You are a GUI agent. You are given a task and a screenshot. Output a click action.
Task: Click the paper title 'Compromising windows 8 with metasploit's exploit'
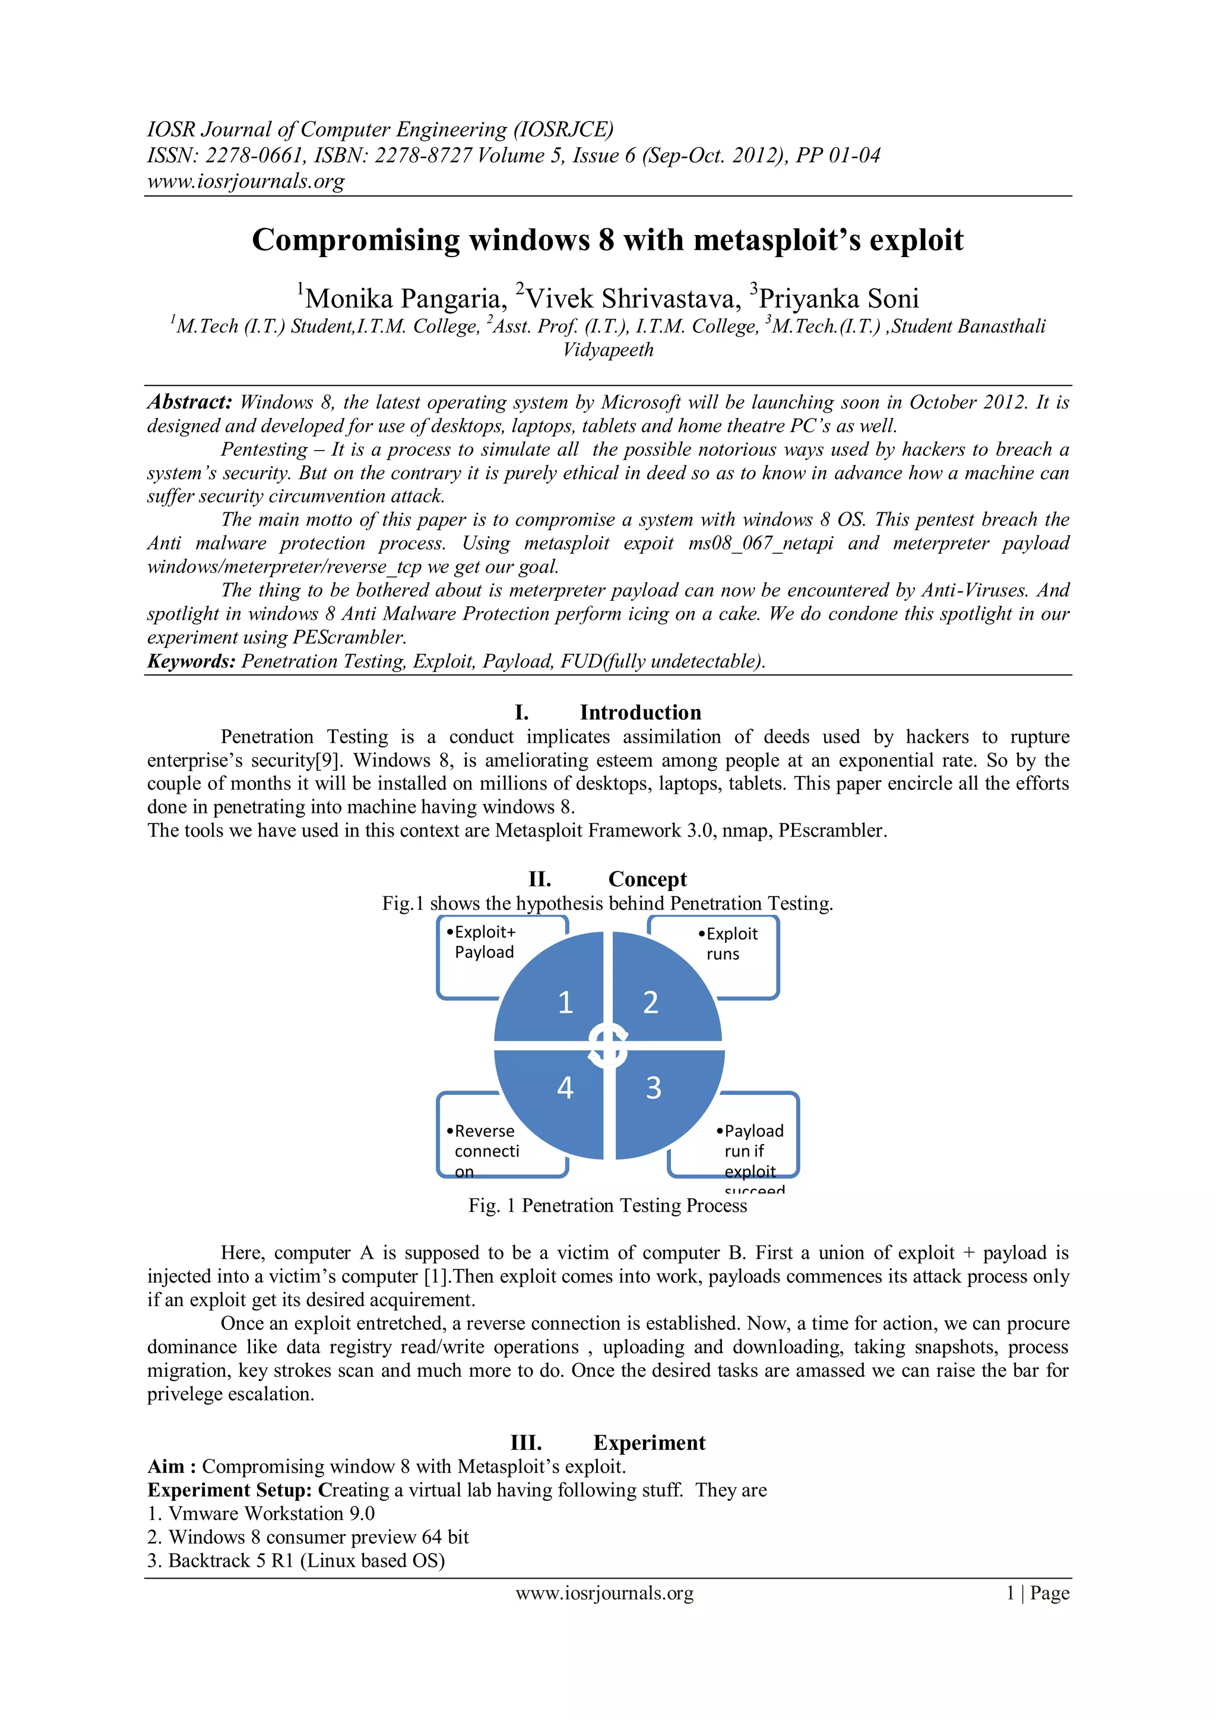click(607, 240)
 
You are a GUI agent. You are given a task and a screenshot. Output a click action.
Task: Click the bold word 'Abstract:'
click(189, 403)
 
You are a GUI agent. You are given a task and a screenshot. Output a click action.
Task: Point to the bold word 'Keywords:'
click(191, 661)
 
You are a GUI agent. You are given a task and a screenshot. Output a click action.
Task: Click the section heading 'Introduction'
click(640, 712)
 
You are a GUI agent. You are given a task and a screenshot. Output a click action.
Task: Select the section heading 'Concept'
click(647, 879)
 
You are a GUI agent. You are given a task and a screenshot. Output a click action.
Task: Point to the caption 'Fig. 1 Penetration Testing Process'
click(607, 1205)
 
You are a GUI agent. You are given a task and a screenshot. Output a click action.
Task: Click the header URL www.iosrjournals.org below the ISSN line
click(246, 181)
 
